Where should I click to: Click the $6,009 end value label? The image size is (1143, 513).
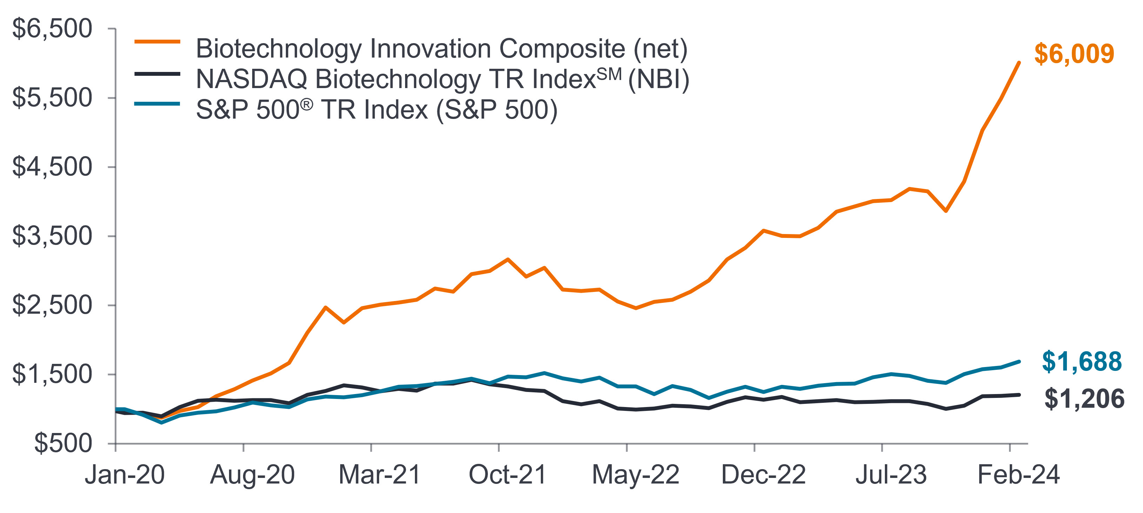pos(1074,54)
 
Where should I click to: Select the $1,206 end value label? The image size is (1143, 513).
pos(1084,399)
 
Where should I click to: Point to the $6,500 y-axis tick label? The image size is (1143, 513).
pos(52,29)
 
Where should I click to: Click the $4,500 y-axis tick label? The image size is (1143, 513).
pos(52,167)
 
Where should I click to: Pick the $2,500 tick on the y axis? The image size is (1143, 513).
pos(52,305)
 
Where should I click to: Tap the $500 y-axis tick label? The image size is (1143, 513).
pos(63,443)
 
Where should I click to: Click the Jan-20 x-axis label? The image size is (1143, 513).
pos(125,475)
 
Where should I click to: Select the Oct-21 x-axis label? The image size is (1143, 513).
pos(507,475)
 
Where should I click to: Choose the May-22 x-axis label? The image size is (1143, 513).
pos(636,475)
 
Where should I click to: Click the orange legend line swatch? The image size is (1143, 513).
pos(157,42)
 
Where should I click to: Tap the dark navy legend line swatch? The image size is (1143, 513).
pos(157,74)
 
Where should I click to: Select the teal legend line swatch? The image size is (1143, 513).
pos(157,104)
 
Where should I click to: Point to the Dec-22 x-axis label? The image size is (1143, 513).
pos(763,475)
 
